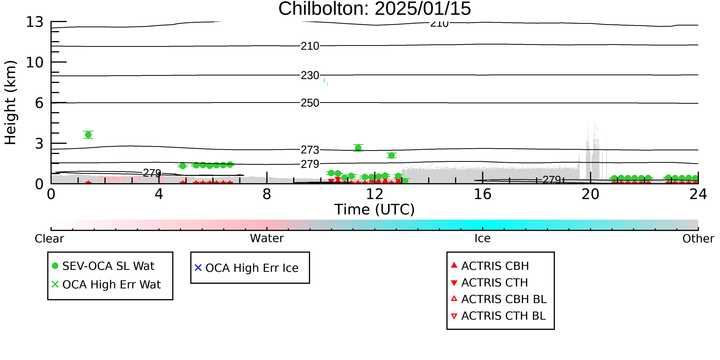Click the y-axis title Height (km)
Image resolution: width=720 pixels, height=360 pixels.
[x=10, y=103]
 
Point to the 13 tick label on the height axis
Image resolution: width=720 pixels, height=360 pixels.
[x=35, y=22]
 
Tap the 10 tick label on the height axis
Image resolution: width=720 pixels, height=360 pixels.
[x=35, y=62]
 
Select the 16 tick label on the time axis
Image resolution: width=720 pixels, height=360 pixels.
[x=482, y=194]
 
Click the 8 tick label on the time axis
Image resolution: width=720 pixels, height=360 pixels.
[x=267, y=194]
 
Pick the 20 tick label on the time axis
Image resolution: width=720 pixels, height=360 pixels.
[x=590, y=194]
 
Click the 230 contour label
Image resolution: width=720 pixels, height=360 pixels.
[x=310, y=75]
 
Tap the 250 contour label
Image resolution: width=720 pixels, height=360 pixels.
[x=310, y=103]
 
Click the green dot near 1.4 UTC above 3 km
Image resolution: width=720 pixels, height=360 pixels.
[x=88, y=135]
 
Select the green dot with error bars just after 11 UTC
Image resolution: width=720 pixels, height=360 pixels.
[x=358, y=148]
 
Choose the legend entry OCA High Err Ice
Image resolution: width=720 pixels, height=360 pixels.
[x=247, y=268]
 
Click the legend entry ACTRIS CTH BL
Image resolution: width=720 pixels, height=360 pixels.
[x=498, y=316]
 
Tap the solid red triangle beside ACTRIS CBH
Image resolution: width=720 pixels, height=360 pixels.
[x=454, y=265]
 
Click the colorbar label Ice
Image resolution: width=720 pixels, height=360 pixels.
[x=482, y=238]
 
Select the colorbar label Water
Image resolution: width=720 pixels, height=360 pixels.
[x=267, y=238]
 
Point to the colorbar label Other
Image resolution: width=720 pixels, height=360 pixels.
[x=698, y=239]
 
